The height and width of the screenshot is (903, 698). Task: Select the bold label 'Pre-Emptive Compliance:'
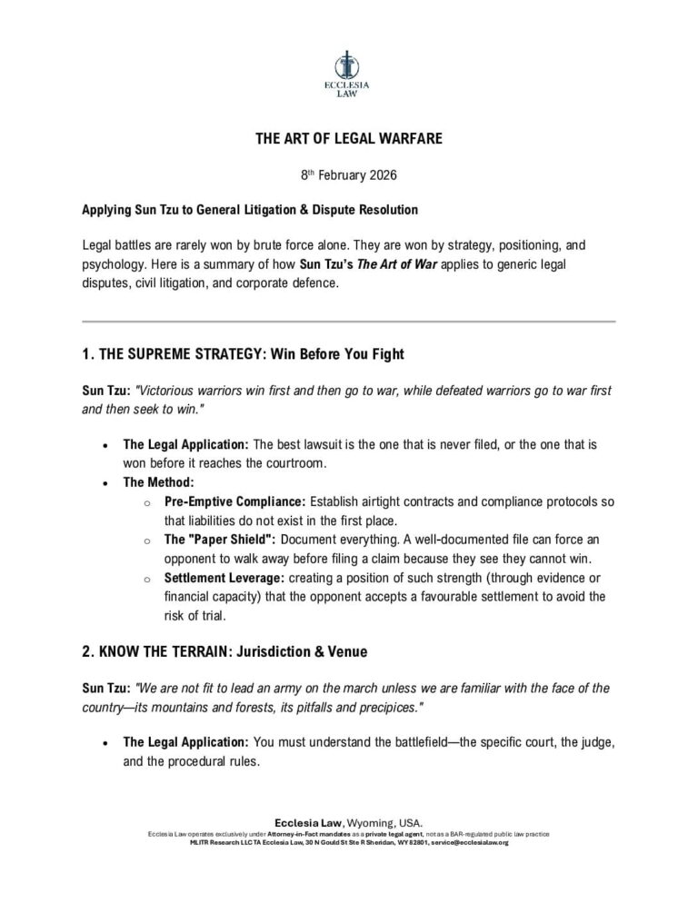pos(234,501)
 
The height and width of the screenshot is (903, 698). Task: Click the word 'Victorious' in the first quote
pos(167,390)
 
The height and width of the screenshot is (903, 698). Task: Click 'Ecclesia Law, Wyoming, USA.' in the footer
pos(348,821)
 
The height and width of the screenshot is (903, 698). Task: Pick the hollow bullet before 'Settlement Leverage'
pos(148,578)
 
